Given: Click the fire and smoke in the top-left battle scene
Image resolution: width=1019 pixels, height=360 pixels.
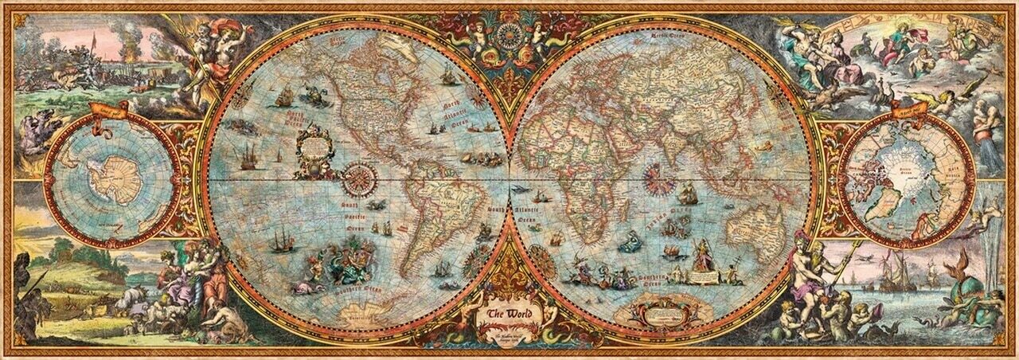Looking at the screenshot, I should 127,36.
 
